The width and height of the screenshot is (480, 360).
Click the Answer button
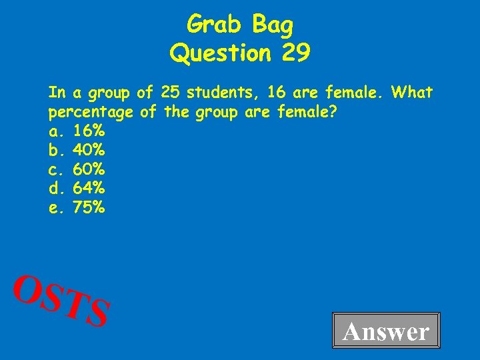[x=386, y=331]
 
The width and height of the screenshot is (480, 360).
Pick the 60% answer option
[x=89, y=169]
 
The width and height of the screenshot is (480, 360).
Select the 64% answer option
[x=89, y=188]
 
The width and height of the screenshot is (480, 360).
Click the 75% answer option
[x=89, y=207]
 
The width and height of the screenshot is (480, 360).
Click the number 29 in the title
[x=295, y=53]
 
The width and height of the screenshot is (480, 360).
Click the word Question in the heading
[x=221, y=53]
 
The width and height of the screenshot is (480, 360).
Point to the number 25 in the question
[x=171, y=91]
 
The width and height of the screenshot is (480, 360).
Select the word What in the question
[x=413, y=91]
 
